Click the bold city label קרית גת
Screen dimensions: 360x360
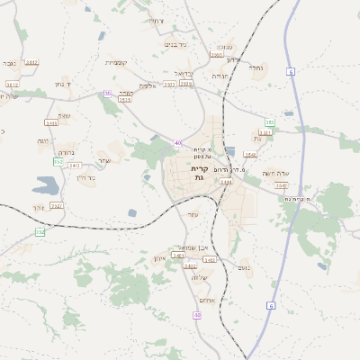199,173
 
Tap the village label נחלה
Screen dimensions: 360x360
256,67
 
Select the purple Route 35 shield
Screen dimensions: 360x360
108,93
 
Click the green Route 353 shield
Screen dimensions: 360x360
269,122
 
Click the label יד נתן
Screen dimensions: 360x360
64,84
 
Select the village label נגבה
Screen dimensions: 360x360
9,63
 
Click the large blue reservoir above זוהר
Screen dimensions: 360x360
44,186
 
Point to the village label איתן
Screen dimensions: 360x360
160,259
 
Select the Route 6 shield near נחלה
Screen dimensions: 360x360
291,70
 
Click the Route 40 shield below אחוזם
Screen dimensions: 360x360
197,315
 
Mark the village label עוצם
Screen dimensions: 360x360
64,115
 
